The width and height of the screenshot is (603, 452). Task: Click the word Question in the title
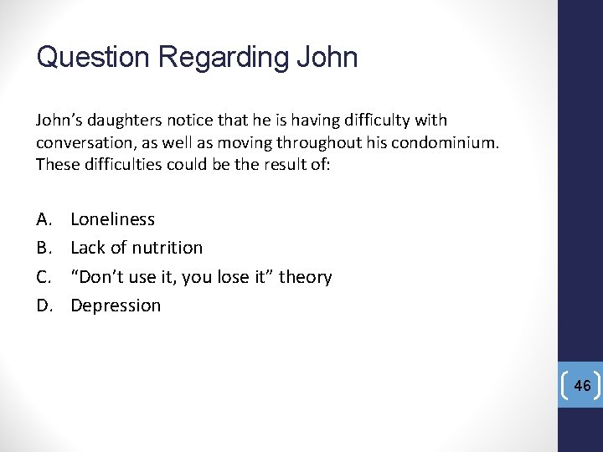pos(94,58)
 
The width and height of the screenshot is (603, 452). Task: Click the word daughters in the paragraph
pos(121,121)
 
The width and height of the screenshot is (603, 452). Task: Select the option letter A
pos(44,219)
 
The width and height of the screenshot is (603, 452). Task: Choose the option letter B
pos(44,248)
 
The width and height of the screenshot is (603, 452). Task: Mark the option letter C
pos(44,277)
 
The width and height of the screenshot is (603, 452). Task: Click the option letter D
pos(44,306)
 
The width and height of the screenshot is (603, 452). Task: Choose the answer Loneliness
pos(112,219)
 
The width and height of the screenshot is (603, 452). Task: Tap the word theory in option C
pos(306,277)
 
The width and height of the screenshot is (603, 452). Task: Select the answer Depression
pos(116,306)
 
